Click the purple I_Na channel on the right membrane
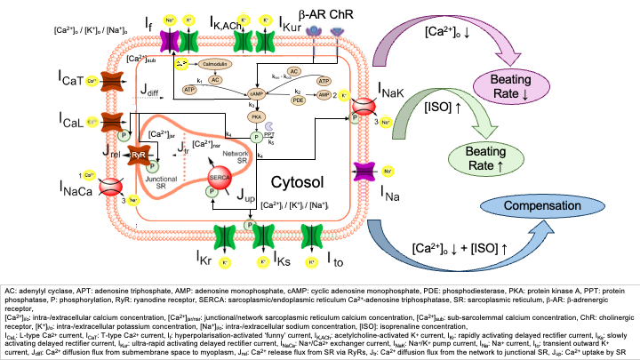(364, 172)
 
